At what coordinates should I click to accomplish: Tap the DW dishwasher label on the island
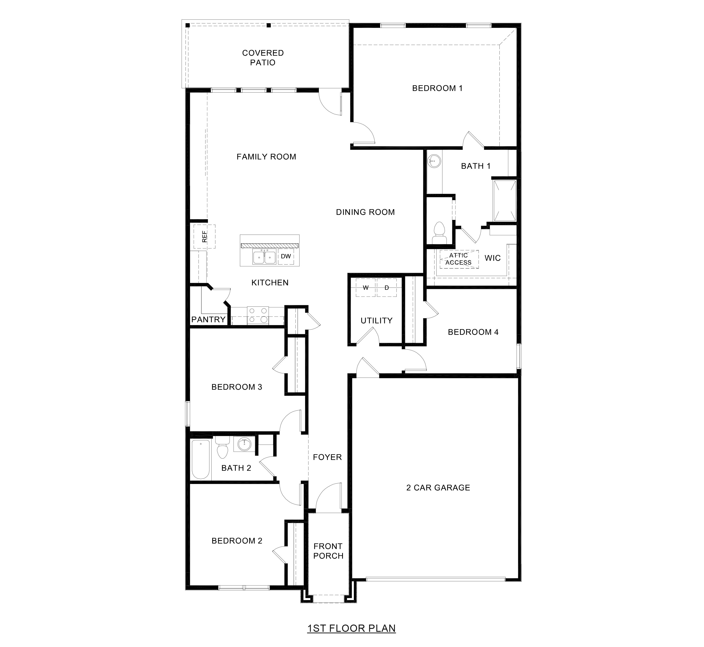pos(286,256)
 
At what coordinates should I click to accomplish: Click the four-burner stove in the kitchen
pos(258,315)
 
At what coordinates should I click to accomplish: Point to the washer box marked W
pos(366,288)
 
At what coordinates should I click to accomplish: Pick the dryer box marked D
pos(387,288)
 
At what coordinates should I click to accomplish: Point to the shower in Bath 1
pos(505,201)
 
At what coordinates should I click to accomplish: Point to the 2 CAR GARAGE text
pos(438,488)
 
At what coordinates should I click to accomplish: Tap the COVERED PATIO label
pos(263,58)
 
